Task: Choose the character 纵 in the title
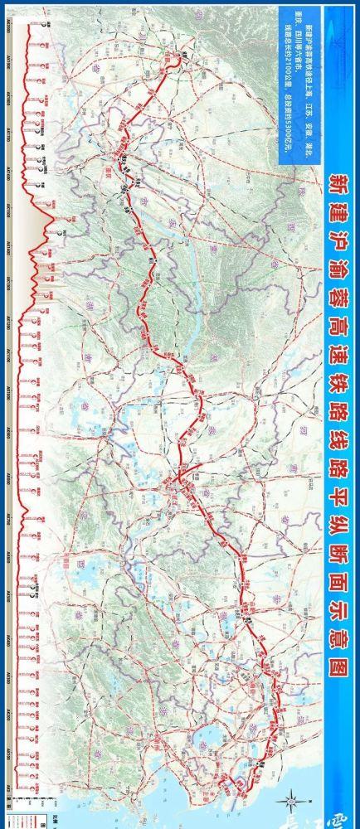[x=338, y=555]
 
